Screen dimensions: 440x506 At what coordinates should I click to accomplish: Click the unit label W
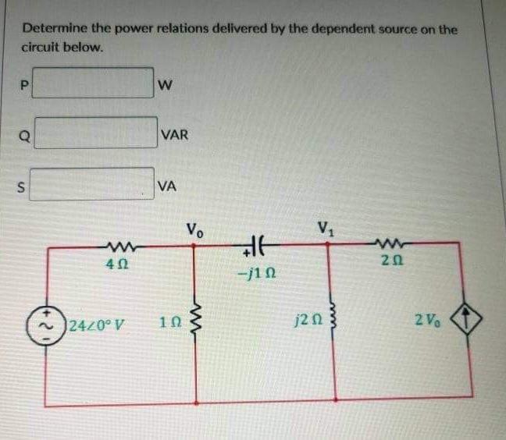pos(164,84)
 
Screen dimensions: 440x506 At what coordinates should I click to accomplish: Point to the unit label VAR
pos(173,135)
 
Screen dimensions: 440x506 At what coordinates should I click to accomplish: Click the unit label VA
pos(166,186)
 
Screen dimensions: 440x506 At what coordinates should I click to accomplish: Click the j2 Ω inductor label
pos(305,319)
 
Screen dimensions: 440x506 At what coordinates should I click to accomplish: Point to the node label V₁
pos(326,229)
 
